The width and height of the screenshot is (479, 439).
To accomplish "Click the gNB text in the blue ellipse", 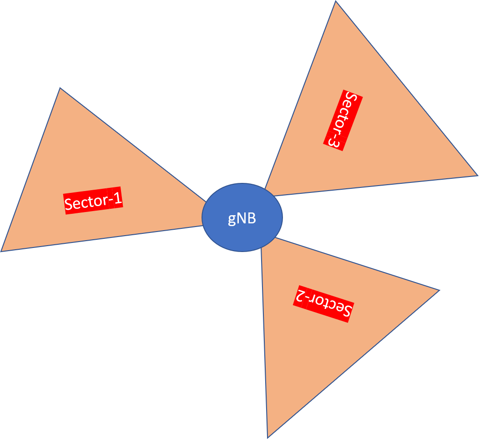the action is [242, 219].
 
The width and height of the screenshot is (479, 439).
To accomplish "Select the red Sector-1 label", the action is [93, 201].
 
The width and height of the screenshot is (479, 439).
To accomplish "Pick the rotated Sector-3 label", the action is [343, 120].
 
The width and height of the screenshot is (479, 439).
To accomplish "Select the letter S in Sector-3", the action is [351, 99].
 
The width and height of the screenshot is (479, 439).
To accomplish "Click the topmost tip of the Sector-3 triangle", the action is [336, 1].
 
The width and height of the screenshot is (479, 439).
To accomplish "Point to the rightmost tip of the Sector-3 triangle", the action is [478, 176].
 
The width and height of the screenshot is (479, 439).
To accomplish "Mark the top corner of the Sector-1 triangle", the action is [60, 88].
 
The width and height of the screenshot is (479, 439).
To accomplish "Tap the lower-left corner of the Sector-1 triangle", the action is [1, 252].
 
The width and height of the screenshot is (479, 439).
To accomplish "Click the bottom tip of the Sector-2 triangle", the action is [267, 438].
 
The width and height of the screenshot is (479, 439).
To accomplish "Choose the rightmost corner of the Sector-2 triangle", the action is [439, 290].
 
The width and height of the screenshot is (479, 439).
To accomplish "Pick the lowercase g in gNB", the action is [232, 220].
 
